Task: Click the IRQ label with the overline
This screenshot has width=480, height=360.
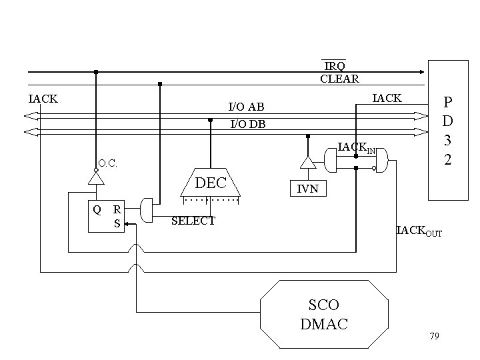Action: pyautogui.click(x=335, y=66)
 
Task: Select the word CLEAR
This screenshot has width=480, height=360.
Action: pyautogui.click(x=339, y=79)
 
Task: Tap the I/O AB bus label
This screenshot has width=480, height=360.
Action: pyautogui.click(x=246, y=107)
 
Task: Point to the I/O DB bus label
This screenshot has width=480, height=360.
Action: pyautogui.click(x=247, y=123)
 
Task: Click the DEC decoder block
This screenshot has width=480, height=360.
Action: pyautogui.click(x=211, y=183)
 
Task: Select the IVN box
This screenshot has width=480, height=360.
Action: pyautogui.click(x=307, y=189)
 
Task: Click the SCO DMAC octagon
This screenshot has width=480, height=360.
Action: pyautogui.click(x=323, y=314)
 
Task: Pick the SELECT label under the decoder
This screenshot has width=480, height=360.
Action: pyautogui.click(x=193, y=221)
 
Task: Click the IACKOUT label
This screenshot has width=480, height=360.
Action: pyautogui.click(x=419, y=232)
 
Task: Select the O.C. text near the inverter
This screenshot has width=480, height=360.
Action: pyautogui.click(x=109, y=163)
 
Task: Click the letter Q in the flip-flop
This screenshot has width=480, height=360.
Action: pyautogui.click(x=97, y=209)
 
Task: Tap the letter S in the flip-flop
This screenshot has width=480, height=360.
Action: pyautogui.click(x=117, y=224)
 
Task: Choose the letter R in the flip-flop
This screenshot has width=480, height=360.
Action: pyautogui.click(x=117, y=209)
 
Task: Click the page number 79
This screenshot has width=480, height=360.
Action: pyautogui.click(x=434, y=335)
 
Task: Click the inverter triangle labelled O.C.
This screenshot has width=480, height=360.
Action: pyautogui.click(x=97, y=178)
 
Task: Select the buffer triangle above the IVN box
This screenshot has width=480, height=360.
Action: pyautogui.click(x=307, y=162)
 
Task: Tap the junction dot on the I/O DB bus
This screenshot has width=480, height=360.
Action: pyautogui.click(x=211, y=121)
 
